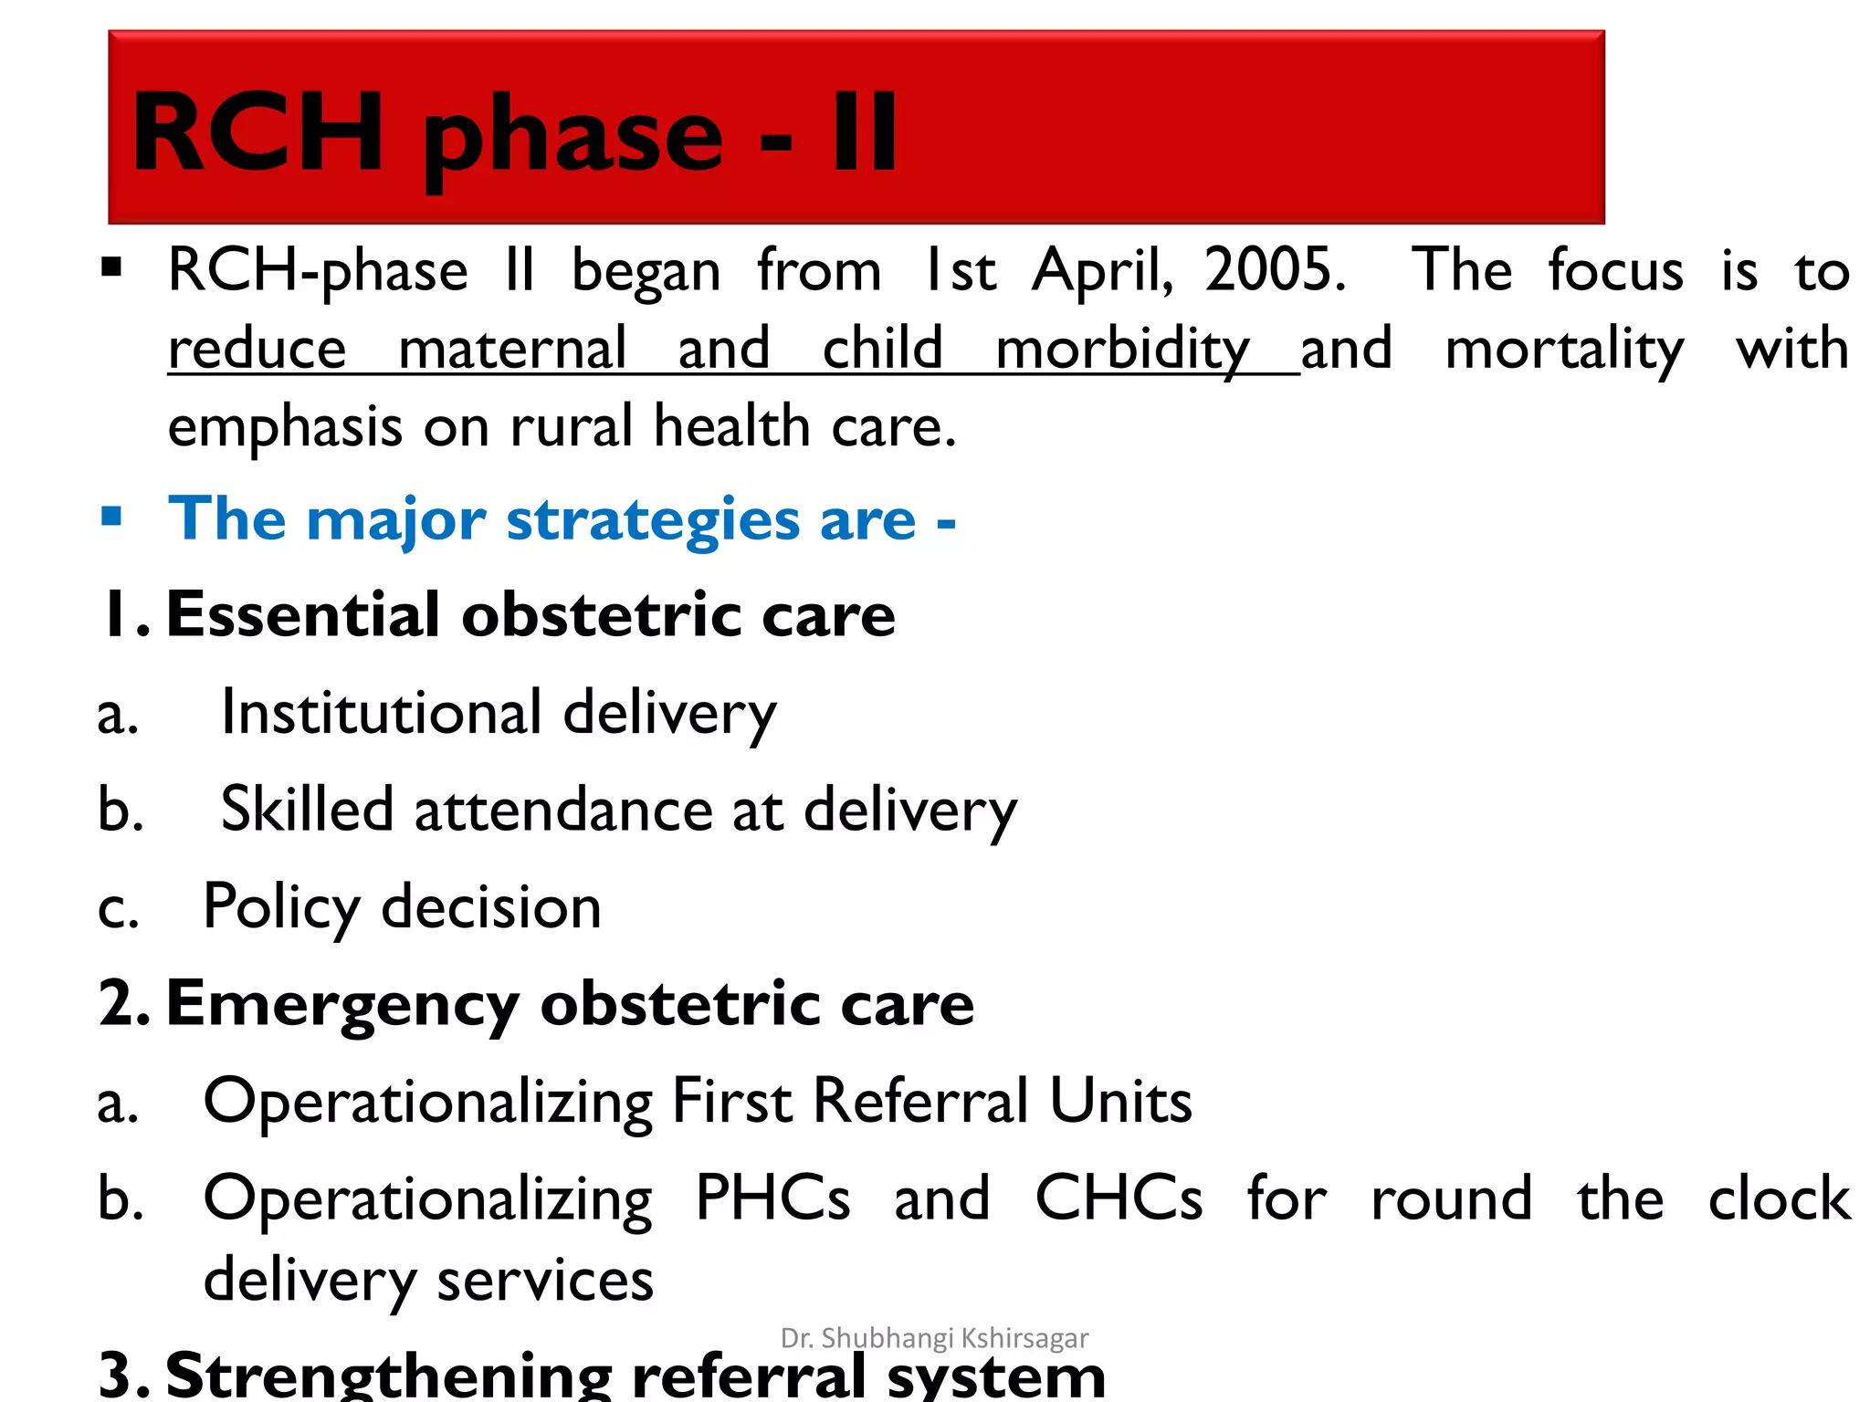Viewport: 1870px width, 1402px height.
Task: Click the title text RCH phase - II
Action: (514, 133)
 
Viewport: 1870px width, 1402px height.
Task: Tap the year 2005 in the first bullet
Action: (1275, 270)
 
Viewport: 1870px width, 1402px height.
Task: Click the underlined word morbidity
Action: (1122, 350)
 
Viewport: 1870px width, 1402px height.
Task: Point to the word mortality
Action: (1564, 350)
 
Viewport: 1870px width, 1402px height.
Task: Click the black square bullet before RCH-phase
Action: (111, 267)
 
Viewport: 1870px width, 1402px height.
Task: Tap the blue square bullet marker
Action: (111, 517)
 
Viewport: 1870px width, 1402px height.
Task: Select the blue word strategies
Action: (653, 519)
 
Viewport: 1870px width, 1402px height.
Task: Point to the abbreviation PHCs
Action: (772, 1198)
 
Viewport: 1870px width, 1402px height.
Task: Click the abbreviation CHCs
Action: (1118, 1198)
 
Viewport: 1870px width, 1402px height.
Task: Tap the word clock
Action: (1779, 1198)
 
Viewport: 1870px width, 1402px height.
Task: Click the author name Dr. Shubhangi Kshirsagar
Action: (934, 1338)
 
